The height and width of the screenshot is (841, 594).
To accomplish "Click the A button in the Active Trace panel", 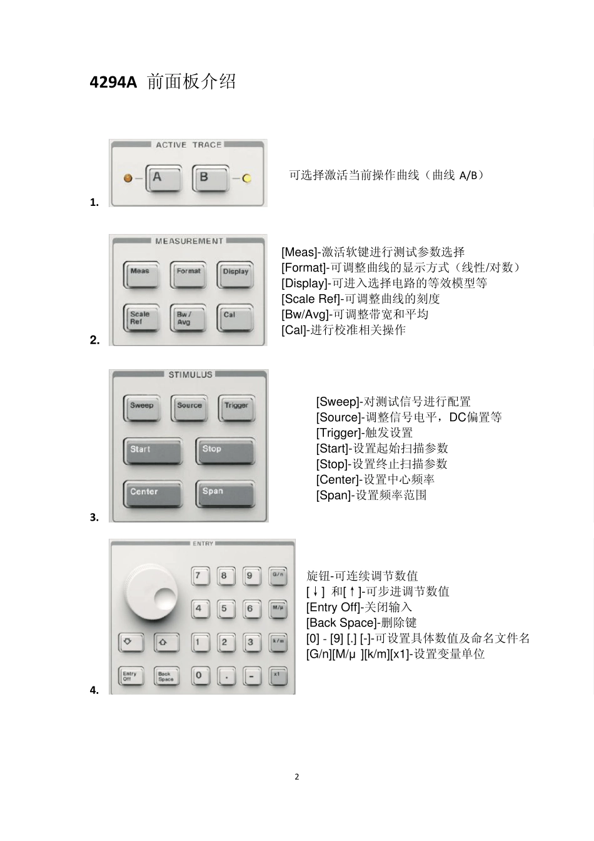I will coord(163,178).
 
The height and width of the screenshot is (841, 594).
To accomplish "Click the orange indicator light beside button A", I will coord(128,178).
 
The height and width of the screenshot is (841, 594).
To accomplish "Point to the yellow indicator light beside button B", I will coord(246,178).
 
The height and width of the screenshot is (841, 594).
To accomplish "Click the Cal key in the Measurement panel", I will coord(235,318).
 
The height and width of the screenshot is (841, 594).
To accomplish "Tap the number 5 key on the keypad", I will coord(224,609).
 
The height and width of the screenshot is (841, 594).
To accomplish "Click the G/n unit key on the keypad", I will coord(278,575).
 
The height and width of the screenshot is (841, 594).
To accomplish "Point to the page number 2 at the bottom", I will coord(297,777).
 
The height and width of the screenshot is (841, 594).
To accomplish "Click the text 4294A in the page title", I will coord(113,82).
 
